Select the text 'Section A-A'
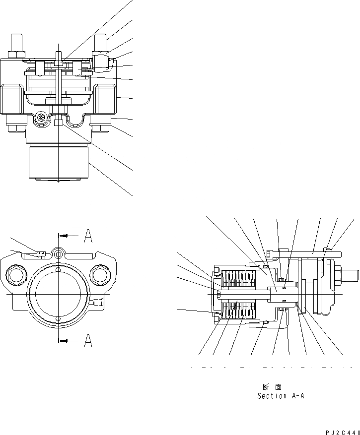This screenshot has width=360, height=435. (279, 396)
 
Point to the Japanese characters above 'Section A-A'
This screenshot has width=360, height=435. (272, 386)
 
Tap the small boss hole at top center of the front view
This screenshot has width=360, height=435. (59, 254)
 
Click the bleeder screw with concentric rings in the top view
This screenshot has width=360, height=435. (41, 118)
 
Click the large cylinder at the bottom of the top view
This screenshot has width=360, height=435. (59, 162)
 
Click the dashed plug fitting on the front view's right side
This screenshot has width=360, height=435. (97, 301)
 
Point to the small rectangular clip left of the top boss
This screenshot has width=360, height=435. (41, 254)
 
